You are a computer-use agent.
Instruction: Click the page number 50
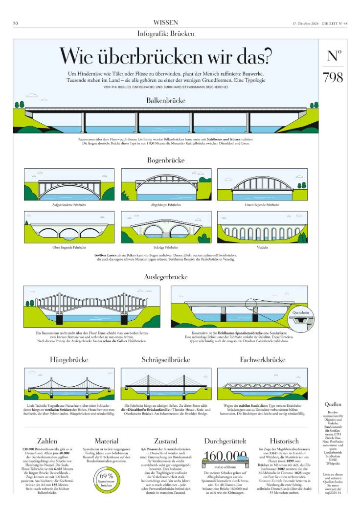[x=16, y=23]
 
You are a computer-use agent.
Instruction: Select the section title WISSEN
[x=166, y=22]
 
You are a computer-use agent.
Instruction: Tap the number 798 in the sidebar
[x=333, y=77]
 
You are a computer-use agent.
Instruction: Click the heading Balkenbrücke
[x=166, y=100]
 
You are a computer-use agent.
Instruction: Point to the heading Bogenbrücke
[x=166, y=160]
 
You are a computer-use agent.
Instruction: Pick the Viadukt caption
[x=262, y=247]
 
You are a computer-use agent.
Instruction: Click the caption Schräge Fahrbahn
[x=166, y=247]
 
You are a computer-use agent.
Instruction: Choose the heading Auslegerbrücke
[x=166, y=277]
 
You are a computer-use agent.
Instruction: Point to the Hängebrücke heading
[x=69, y=360]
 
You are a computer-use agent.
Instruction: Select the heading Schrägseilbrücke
[x=166, y=360]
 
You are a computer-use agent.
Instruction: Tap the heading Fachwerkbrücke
[x=262, y=360]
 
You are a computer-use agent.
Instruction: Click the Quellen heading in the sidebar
[x=333, y=404]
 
